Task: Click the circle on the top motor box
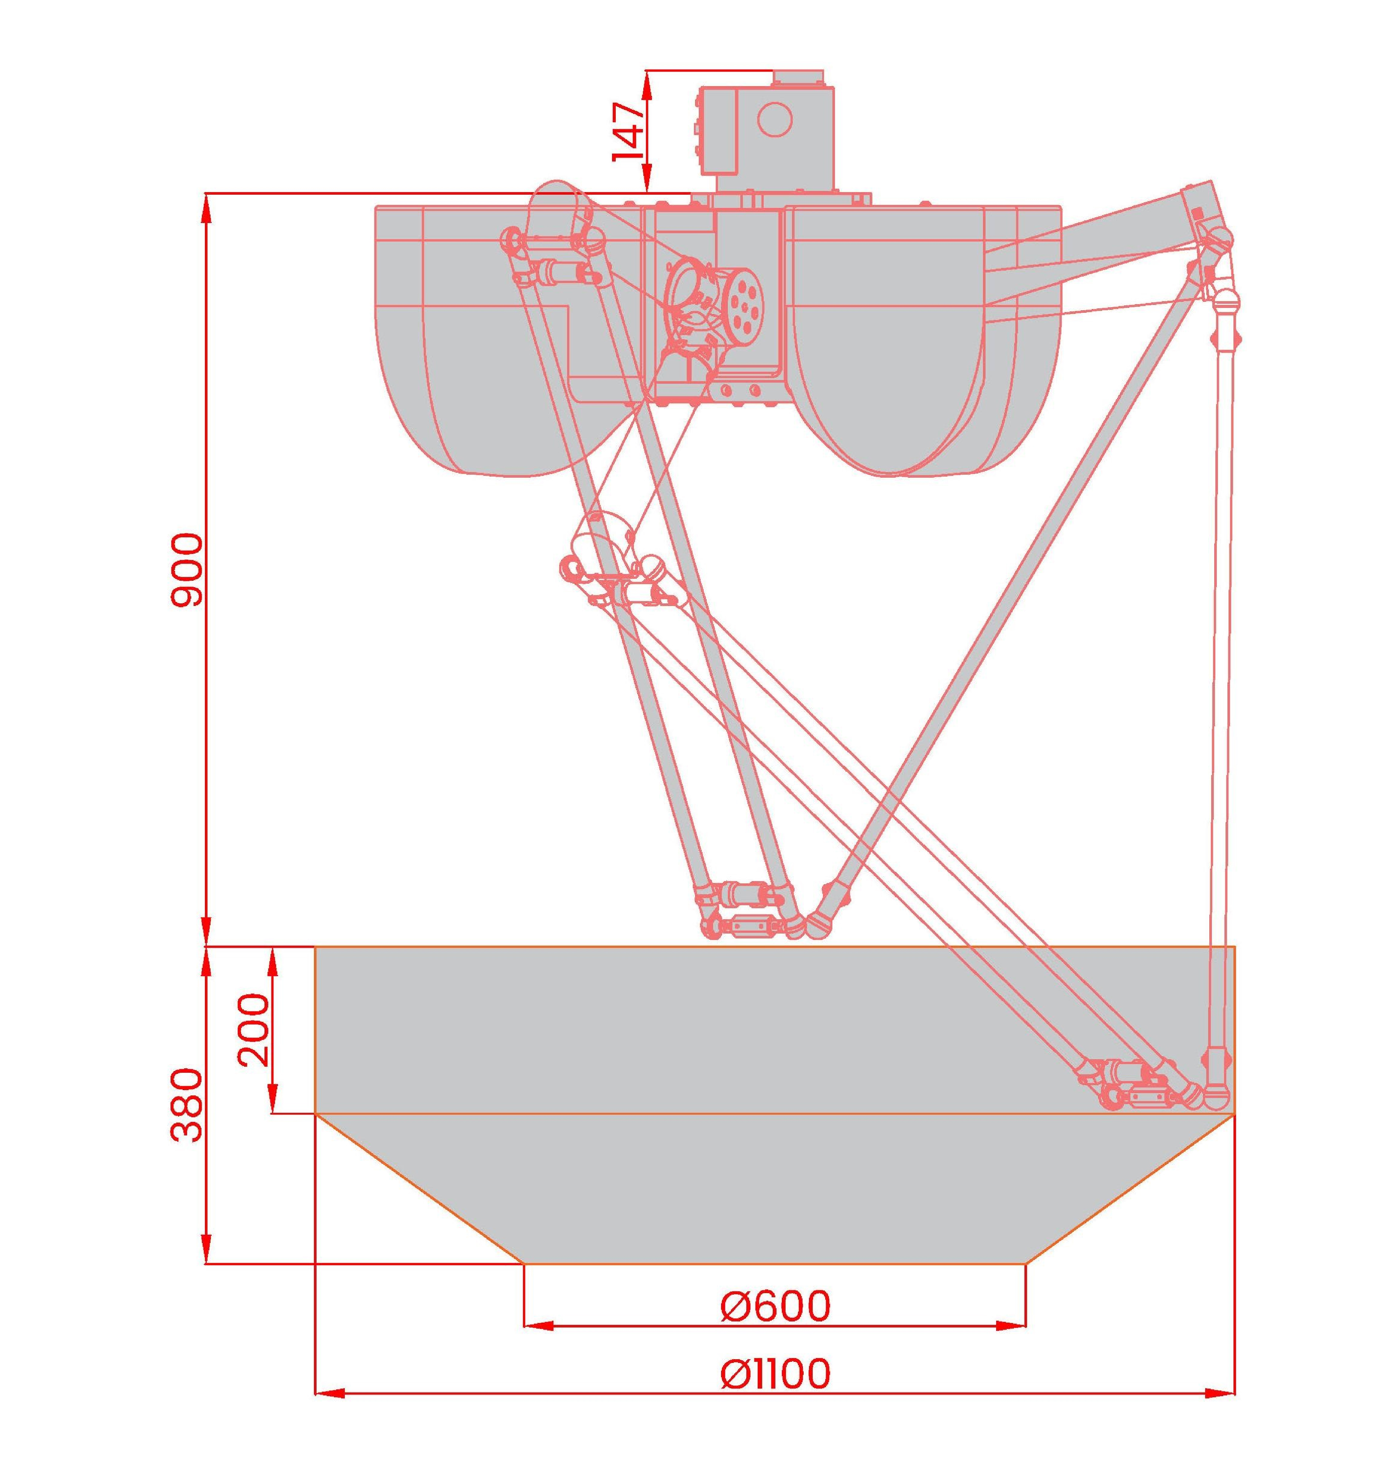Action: pyautogui.click(x=774, y=118)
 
